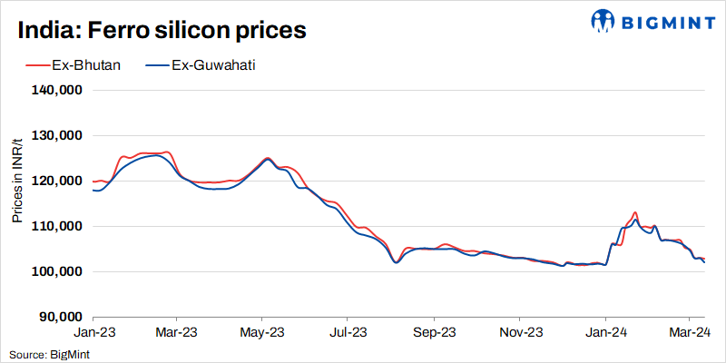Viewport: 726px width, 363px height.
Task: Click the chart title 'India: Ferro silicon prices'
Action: (x=162, y=30)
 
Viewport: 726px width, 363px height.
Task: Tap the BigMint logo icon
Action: (x=602, y=20)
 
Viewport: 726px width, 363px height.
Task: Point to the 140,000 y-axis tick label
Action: (x=58, y=91)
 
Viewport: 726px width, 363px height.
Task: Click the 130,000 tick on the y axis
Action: (x=58, y=136)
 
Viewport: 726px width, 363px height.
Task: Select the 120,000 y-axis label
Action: (x=58, y=181)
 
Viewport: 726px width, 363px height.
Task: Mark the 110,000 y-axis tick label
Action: (x=58, y=227)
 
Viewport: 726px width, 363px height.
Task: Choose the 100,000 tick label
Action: (x=58, y=272)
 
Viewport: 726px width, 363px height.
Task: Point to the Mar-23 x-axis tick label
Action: (x=176, y=333)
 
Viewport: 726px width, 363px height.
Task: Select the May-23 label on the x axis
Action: (x=261, y=333)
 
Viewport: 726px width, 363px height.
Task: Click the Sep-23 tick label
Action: (x=433, y=333)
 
